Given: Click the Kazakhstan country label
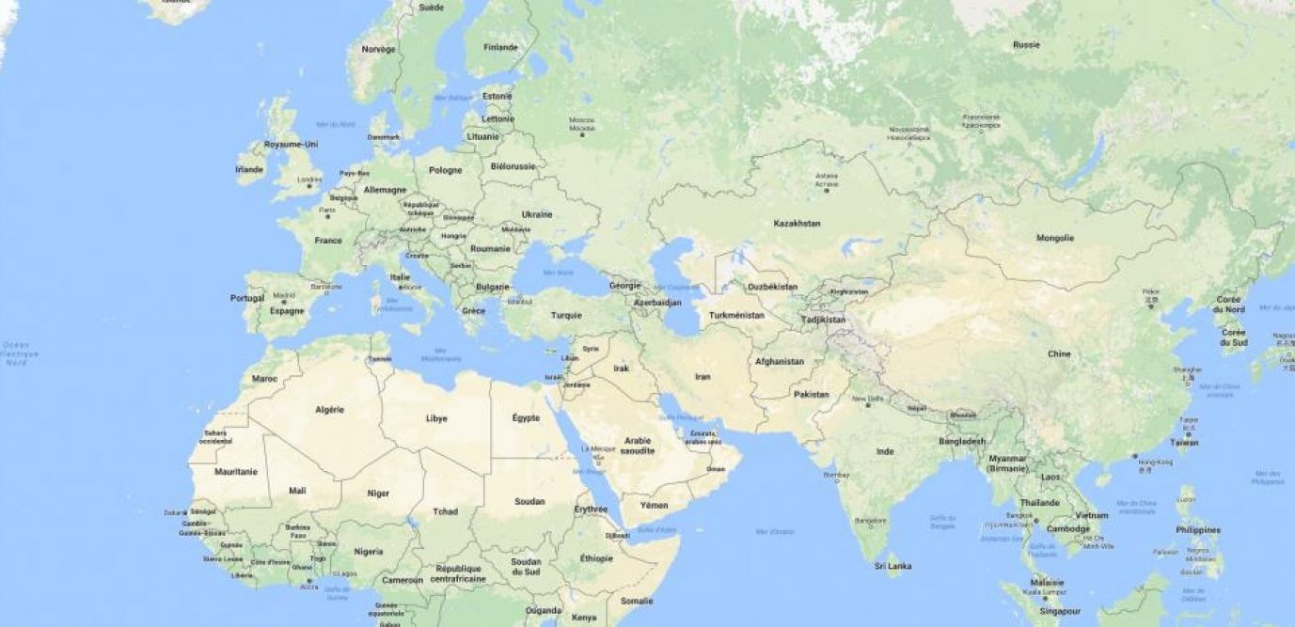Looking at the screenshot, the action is [x=797, y=224].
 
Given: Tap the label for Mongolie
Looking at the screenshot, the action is [x=1054, y=238].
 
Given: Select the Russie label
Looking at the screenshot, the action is [x=1026, y=45].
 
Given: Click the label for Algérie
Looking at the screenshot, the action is [x=329, y=410].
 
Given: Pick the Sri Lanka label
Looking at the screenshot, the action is [x=892, y=566].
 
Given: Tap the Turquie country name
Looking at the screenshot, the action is [x=566, y=315].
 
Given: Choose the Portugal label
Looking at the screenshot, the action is [x=247, y=298].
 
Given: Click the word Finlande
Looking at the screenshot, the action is [x=500, y=47].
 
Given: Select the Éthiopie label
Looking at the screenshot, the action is [x=596, y=557].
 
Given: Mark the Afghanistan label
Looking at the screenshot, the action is [x=780, y=361].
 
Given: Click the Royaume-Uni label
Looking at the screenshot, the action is [x=291, y=144].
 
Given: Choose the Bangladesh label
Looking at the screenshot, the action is [x=962, y=441].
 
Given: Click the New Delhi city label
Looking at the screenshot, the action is [x=867, y=400].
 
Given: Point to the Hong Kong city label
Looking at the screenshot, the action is [x=1155, y=462].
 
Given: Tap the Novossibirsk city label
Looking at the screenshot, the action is [x=909, y=132].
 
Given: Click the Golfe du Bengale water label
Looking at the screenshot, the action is [x=941, y=521].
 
